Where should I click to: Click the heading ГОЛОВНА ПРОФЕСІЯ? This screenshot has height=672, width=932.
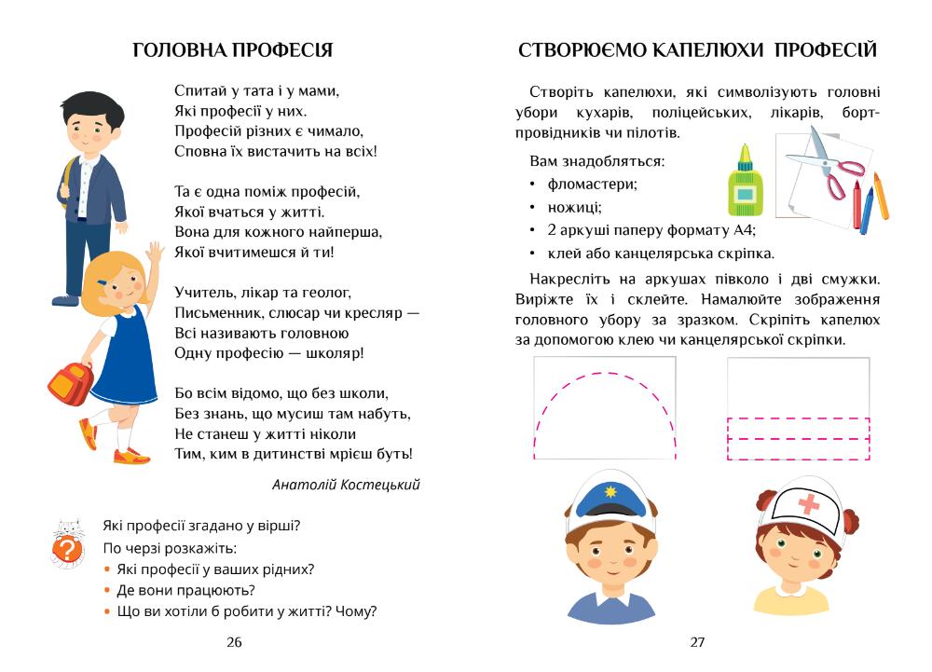point(233,50)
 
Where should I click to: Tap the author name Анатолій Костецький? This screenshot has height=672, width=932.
point(346,485)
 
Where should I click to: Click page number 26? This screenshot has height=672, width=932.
point(233,642)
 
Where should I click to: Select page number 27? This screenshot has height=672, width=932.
point(697,642)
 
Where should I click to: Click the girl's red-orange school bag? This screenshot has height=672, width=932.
point(70,382)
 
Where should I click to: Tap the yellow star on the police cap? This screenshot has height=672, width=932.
point(610,490)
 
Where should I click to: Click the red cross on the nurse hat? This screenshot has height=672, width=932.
point(809,504)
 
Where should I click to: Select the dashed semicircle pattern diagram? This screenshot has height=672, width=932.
point(605,409)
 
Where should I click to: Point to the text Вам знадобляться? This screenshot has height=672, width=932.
point(596,160)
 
